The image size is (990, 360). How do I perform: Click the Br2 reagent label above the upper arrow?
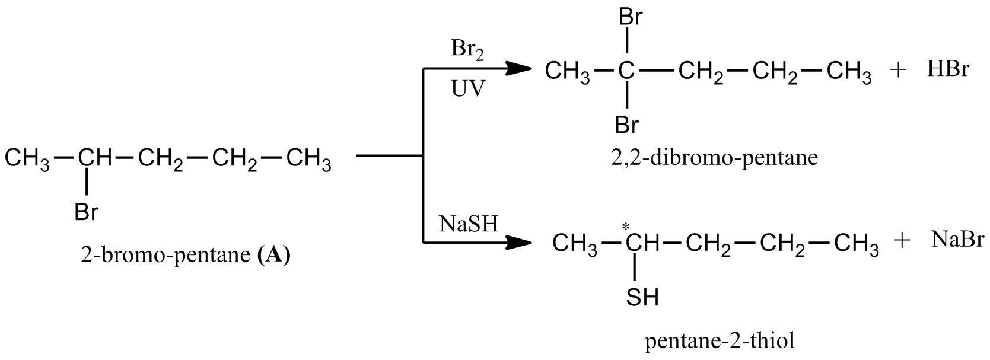[467, 50]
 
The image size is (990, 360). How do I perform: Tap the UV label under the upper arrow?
[467, 89]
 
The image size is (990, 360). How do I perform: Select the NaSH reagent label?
[469, 224]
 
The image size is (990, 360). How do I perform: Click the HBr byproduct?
[948, 70]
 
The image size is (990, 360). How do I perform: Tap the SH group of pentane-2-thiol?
[642, 297]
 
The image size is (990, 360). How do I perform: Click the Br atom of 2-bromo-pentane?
[87, 212]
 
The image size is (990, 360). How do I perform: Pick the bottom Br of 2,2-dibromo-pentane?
[626, 125]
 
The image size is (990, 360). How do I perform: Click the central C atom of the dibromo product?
[626, 72]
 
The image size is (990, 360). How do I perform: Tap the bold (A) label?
[275, 255]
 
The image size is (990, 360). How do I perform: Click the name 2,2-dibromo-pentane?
[714, 158]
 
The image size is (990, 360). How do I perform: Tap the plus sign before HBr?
[899, 71]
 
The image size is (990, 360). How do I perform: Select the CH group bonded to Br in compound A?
[94, 158]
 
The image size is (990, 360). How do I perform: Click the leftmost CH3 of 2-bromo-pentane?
[27, 160]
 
